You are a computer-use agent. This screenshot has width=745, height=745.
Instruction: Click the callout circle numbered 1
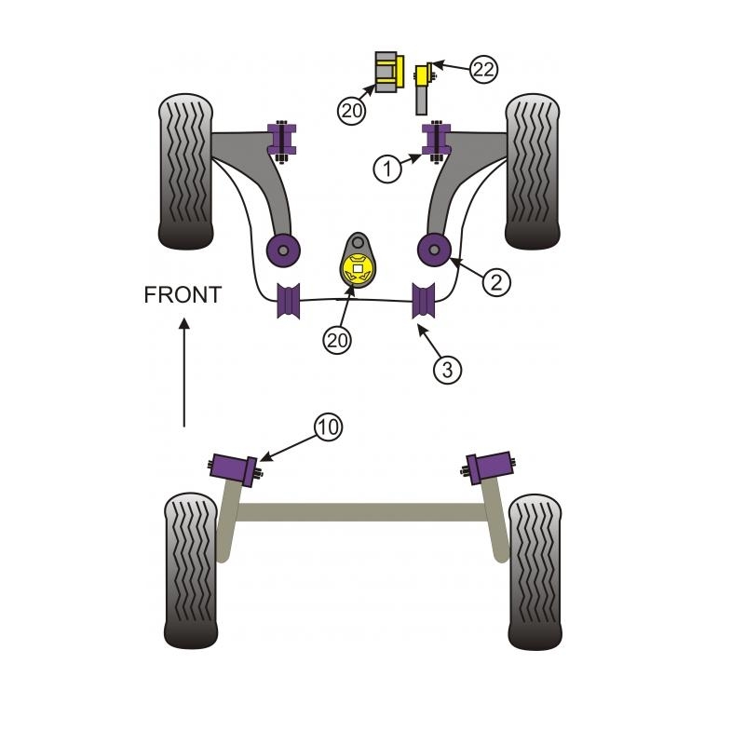pos(387,169)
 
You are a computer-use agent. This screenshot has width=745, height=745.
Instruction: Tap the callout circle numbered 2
pos(496,280)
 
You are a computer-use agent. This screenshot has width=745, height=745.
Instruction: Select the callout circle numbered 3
pos(447,369)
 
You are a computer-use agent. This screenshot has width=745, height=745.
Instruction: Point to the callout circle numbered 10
pos(328,427)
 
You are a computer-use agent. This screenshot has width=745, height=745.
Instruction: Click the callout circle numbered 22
pos(482,69)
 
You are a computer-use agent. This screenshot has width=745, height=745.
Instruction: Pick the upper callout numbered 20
pos(351,111)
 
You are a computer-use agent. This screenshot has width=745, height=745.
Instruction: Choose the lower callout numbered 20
pos(337,341)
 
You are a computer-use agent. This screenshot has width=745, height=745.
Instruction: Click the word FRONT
pos(183,295)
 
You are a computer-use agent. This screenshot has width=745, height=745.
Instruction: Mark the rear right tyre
pos(535,571)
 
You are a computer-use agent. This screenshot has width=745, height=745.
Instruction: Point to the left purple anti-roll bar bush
pos(290,300)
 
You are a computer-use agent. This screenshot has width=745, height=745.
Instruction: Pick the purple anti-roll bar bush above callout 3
pos(426,298)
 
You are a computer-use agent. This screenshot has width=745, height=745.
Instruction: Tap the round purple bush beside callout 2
pos(434,249)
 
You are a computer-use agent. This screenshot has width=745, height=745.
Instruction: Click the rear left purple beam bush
pos(235,467)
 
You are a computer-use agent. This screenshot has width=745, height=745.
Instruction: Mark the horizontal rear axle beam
pos(363,512)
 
